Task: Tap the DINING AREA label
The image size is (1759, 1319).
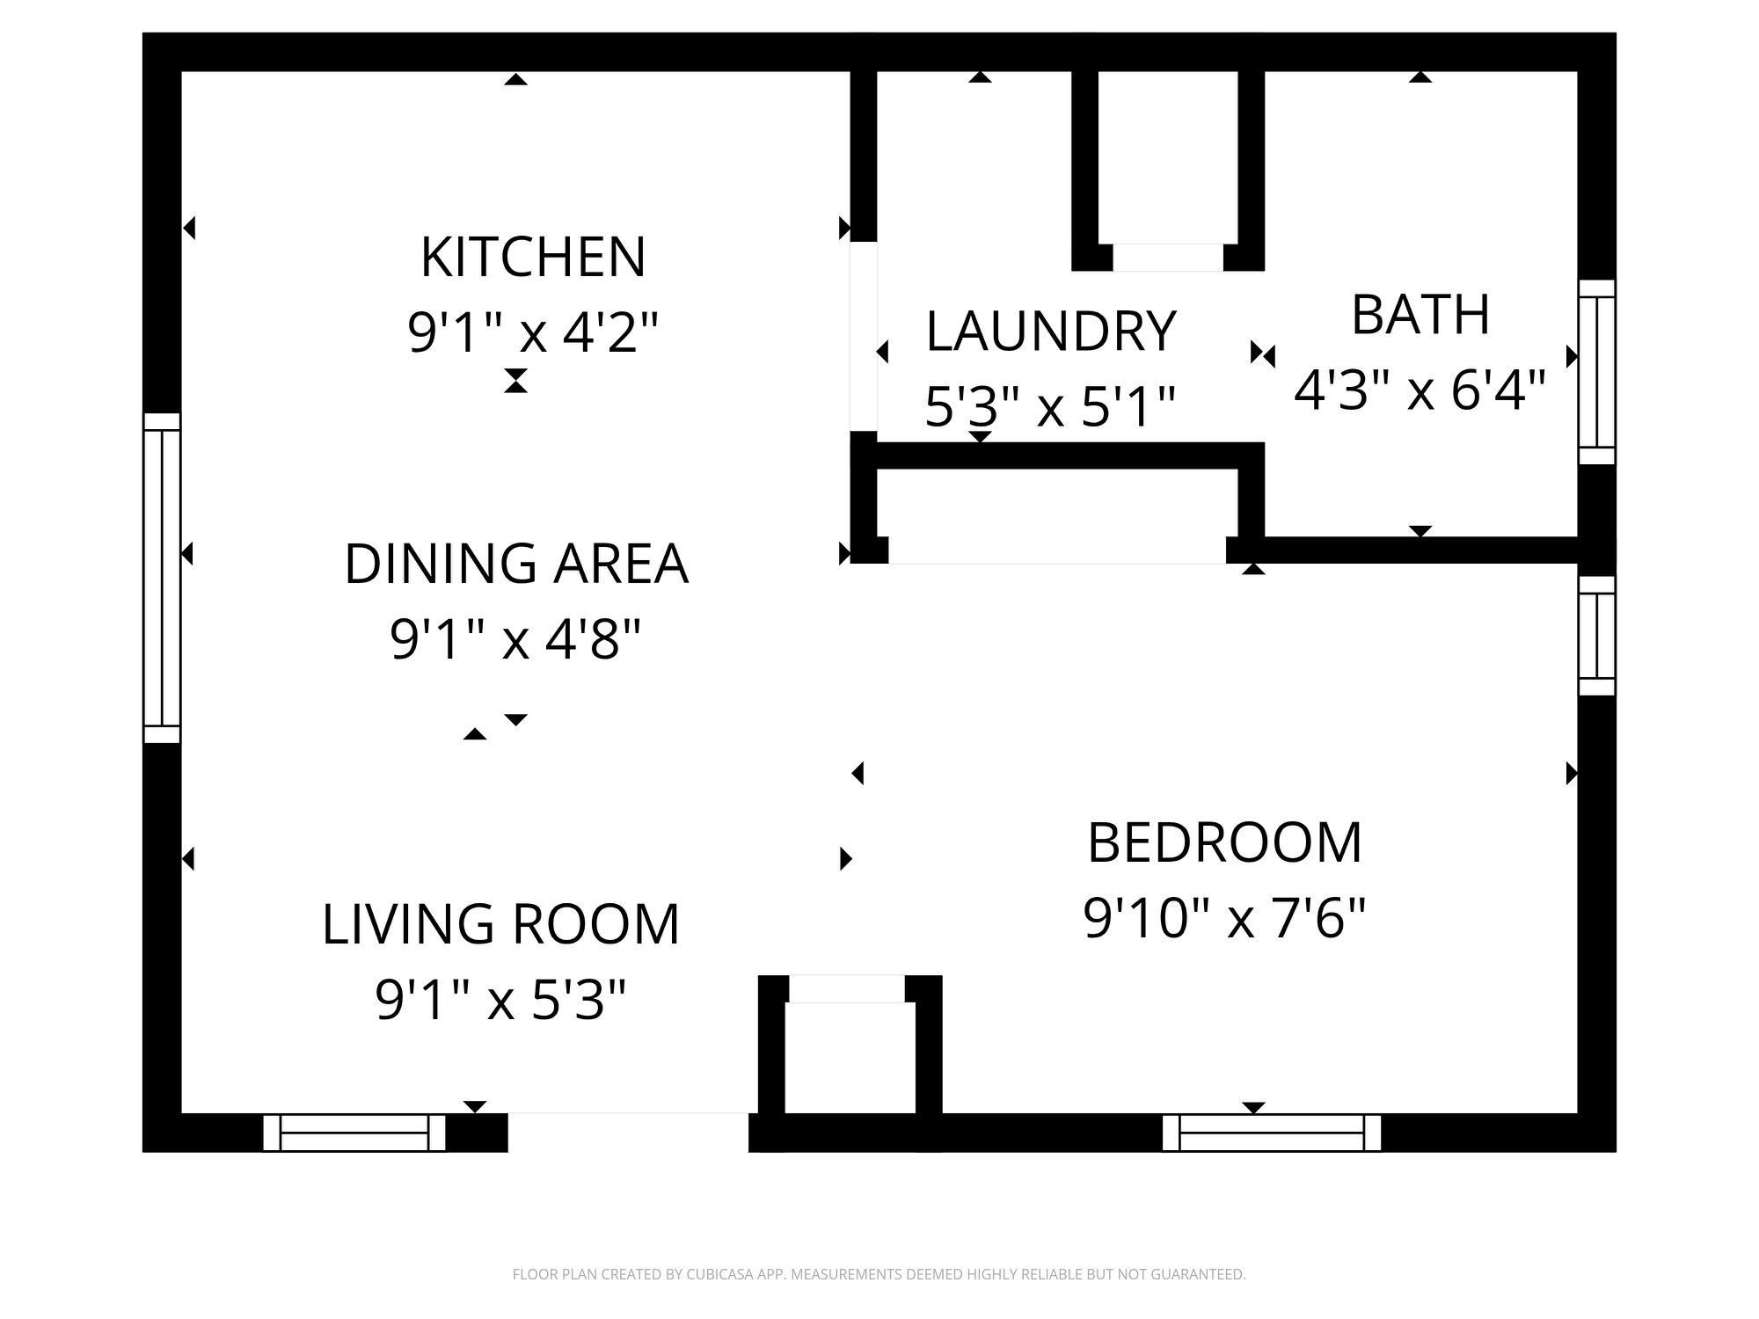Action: (515, 564)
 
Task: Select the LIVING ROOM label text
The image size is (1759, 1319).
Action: (500, 924)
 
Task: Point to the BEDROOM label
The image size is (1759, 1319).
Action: (1224, 842)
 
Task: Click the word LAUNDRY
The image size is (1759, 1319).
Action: (1051, 332)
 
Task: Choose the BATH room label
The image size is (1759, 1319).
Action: (1420, 315)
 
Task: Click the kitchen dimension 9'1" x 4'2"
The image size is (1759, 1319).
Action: (533, 332)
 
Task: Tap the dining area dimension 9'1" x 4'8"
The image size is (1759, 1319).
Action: (515, 639)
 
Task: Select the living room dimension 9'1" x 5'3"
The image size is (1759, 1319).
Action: (500, 1000)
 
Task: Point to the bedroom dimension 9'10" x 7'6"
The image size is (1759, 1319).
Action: (1224, 919)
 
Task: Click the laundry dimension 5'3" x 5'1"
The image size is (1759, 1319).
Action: (1050, 407)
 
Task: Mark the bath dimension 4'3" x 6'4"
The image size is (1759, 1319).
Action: (1420, 390)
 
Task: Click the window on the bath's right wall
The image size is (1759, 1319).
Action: (1597, 372)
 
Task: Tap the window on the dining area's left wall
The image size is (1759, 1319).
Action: (162, 578)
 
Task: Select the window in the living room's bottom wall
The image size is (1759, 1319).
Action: (354, 1133)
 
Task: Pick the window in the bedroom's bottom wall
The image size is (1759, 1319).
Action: (1272, 1133)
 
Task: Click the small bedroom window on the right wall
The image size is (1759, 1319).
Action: (1597, 636)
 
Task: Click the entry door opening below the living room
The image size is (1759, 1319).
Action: (628, 1133)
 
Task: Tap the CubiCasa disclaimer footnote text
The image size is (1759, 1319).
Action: (879, 1274)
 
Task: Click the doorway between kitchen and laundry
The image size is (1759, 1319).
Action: (864, 336)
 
